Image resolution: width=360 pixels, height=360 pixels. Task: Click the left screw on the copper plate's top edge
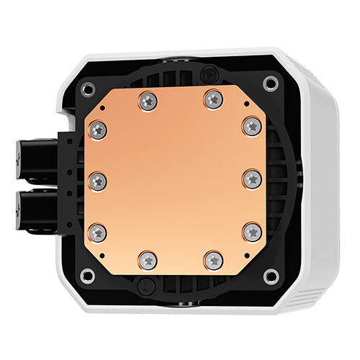[x=148, y=101]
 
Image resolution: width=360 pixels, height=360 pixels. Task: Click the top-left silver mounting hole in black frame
[x=88, y=89]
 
